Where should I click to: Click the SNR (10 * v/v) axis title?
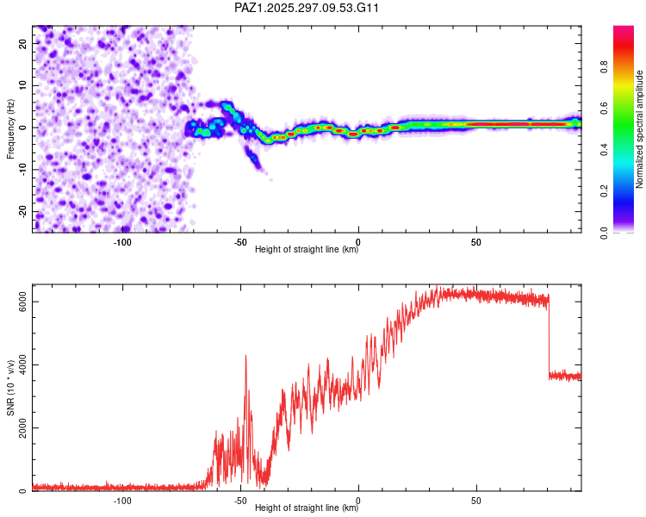10,390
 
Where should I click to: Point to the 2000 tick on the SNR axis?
18,428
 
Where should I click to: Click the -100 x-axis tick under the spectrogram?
122,242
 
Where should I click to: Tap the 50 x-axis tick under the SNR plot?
476,501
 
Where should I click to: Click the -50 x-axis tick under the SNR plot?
240,501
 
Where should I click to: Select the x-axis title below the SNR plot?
307,509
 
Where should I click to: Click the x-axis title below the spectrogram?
307,251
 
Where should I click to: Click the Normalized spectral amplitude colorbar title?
640,129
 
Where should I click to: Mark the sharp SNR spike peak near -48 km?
245,355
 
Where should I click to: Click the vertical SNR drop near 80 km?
549,336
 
